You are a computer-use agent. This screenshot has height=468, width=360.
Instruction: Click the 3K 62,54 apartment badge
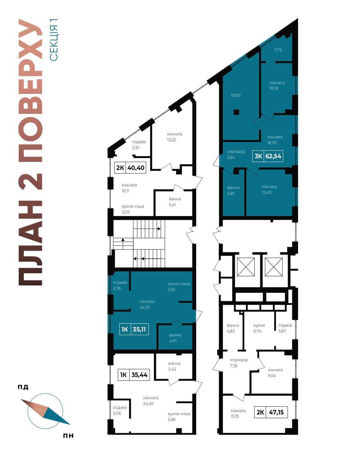coord(267,156)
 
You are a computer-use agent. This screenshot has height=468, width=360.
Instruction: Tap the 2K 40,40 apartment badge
coord(130,168)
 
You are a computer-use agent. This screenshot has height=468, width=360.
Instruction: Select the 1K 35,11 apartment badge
coord(134,329)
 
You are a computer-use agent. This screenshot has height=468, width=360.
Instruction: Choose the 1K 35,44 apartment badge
coord(134,375)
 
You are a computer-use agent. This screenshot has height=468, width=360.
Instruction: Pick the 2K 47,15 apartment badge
coord(271,412)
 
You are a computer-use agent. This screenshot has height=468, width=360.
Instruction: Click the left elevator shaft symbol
coord(246,267)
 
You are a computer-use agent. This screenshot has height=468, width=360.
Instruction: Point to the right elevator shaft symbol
coord(274,267)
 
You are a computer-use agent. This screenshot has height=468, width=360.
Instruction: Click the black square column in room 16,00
coord(236,112)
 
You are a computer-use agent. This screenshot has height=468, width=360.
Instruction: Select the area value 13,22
coord(171,140)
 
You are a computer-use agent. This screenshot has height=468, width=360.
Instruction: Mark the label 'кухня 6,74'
coord(259,328)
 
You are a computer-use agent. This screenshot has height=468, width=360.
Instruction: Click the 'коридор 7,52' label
coord(239,363)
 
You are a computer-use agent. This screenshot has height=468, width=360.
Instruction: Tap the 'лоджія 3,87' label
coord(285,328)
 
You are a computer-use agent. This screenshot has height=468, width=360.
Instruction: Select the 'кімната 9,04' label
coord(275,373)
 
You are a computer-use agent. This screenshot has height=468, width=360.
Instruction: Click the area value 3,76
coord(278,50)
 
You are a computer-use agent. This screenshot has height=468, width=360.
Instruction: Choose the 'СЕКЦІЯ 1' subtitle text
coord(54,40)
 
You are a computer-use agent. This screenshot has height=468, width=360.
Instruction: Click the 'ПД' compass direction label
coord(23,387)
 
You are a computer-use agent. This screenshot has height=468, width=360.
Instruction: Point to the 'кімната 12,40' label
coord(269,190)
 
